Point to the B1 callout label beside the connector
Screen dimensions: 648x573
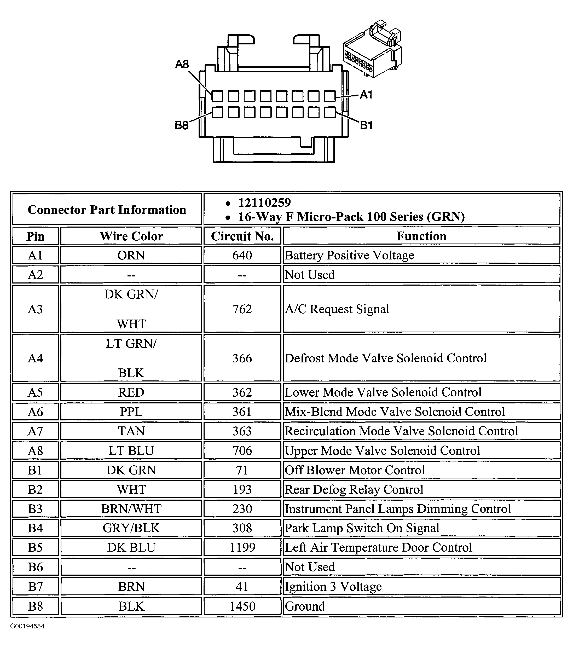[366, 125]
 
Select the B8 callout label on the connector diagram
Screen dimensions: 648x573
[182, 125]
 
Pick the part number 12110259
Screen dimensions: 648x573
[264, 202]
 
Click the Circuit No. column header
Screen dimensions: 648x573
[242, 236]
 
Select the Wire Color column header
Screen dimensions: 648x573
[131, 236]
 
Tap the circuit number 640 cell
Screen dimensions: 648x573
[242, 255]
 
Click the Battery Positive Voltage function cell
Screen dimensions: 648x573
[349, 255]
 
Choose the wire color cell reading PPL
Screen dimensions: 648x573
[131, 412]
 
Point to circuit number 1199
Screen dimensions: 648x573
[242, 547]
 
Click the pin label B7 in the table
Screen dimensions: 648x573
[35, 587]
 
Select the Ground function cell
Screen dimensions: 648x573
[305, 606]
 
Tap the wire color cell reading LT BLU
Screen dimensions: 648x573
[131, 450]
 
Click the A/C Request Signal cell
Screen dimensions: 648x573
[337, 309]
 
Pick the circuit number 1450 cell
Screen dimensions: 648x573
[242, 606]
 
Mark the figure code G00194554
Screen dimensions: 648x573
[27, 626]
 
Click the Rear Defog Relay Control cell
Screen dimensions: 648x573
[354, 489]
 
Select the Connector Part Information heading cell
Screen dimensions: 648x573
[107, 210]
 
